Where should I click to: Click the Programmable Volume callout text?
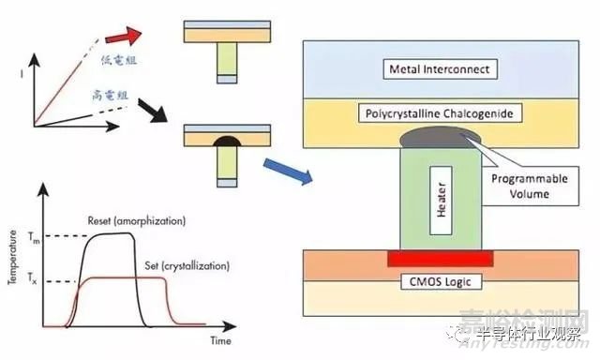(531, 187)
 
